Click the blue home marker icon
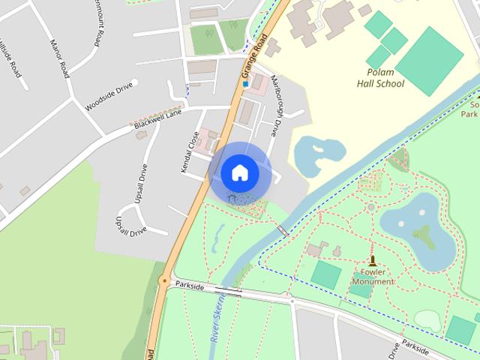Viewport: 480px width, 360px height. coord(240,173)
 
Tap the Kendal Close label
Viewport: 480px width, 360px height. coord(190,152)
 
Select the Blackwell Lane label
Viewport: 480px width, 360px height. coord(158,120)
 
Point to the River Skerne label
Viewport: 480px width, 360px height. coord(217,319)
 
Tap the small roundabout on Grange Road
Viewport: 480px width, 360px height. coord(164,282)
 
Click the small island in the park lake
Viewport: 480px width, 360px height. coord(424,235)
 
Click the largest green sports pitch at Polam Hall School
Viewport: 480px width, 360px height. coord(429,60)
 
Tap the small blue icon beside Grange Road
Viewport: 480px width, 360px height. coord(244,84)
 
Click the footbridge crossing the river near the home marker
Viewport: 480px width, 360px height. coord(282,230)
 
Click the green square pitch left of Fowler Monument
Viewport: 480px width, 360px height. coord(325,274)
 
